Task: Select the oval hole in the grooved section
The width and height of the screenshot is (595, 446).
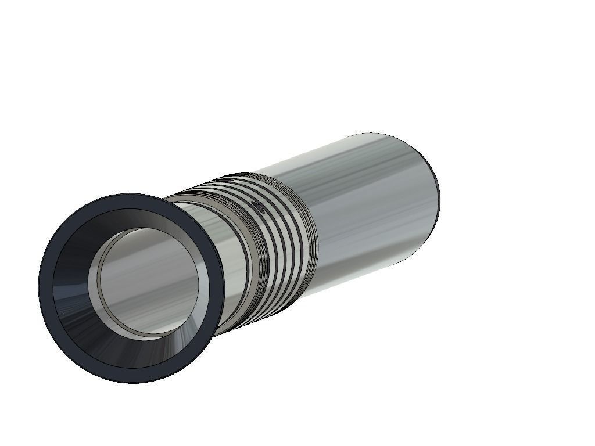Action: pyautogui.click(x=256, y=204)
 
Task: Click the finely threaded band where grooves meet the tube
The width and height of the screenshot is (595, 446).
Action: pyautogui.click(x=311, y=244)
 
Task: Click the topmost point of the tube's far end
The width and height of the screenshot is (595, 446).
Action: pyautogui.click(x=372, y=134)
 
